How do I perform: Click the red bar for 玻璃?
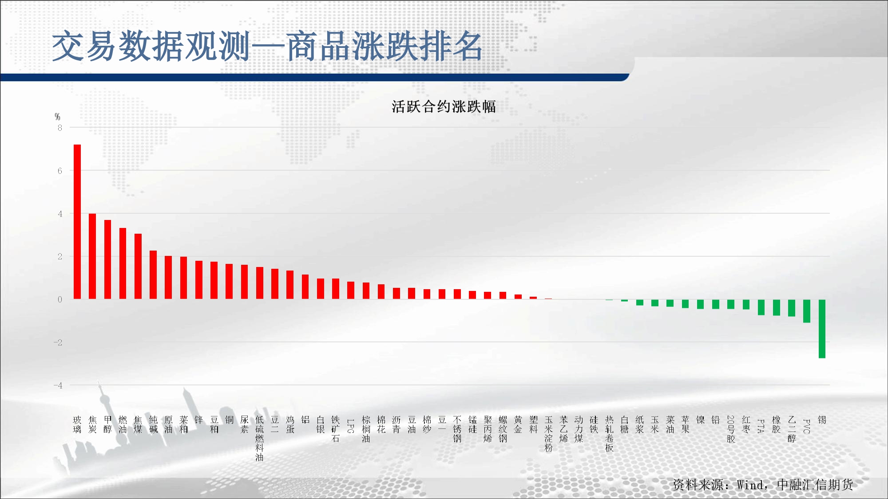pos(77,222)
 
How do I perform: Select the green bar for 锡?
pos(822,329)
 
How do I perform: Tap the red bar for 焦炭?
pos(92,256)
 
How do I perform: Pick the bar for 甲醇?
pos(107,259)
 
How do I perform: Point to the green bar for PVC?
pos(807,311)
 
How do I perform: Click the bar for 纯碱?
pos(153,275)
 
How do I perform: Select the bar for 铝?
pos(305,287)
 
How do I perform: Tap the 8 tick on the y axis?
pos(59,128)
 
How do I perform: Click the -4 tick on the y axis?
pos(58,385)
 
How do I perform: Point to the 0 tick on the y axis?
pos(59,299)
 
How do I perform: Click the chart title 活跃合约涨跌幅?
pos(444,106)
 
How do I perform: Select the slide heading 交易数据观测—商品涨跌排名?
pos(267,46)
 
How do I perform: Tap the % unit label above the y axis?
pos(57,117)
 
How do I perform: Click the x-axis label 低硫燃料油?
pos(260,438)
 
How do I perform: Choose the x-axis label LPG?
pos(351,426)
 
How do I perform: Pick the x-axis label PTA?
pos(761,426)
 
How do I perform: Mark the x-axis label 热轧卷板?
pos(609,434)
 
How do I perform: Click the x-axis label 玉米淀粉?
pos(549,434)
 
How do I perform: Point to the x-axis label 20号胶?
pos(731,429)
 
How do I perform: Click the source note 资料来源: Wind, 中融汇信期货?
pos(763,485)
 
